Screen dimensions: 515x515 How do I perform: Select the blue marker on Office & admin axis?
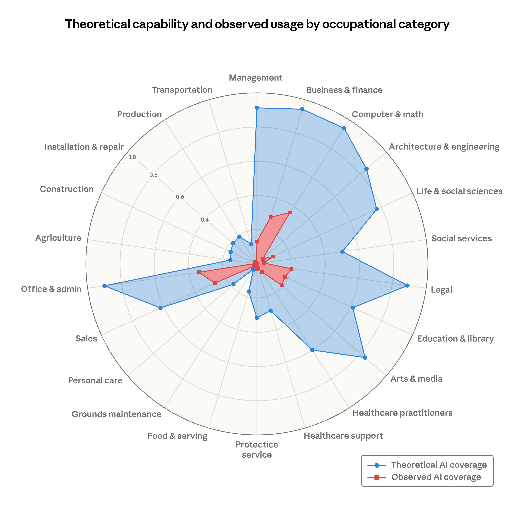point(104,286)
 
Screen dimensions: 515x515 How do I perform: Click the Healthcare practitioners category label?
point(402,413)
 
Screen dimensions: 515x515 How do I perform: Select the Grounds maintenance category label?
point(117,414)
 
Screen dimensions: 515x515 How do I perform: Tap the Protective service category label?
point(257,449)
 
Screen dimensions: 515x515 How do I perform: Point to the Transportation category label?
point(182,90)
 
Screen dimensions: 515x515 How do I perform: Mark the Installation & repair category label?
point(84,147)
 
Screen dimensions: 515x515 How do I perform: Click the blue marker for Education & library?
point(353,308)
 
